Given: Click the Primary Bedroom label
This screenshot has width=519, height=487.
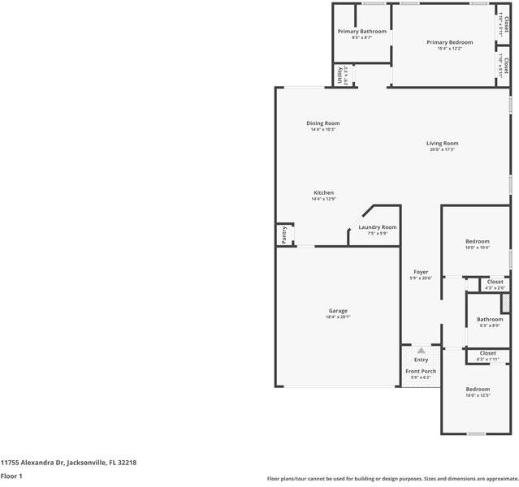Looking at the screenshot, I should point(449,41).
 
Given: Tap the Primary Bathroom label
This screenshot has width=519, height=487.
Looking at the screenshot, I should point(361,31).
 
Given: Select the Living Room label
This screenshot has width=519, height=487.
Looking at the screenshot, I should point(442,143).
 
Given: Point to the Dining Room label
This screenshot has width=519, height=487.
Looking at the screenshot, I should point(322,123).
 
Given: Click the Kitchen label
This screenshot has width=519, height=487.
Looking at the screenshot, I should point(322,192).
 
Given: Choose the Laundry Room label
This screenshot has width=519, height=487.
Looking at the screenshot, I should point(377,226).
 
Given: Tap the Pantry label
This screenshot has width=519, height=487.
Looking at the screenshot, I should point(283,235).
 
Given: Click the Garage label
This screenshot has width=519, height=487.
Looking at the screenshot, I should point(338,311).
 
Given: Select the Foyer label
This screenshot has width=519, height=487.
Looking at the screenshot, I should point(420,272).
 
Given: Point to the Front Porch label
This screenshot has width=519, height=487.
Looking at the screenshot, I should point(421,371).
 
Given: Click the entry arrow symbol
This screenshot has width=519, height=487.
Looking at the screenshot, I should point(421,350).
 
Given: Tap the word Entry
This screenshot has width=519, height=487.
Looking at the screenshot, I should point(421,359).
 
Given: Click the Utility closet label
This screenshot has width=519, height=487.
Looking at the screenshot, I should point(340,75).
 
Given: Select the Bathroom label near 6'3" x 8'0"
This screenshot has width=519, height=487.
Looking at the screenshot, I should point(490,319).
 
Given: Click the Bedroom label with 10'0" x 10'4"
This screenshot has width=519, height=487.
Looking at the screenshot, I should point(477,241).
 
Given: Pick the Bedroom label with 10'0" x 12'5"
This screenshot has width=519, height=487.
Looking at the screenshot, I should point(477,389).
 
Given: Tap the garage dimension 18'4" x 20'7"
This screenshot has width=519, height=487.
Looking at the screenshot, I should point(338,317).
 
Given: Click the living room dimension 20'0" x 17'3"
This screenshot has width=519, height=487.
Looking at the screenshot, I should point(442,149).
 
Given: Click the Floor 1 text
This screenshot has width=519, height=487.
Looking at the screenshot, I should point(11,476).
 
